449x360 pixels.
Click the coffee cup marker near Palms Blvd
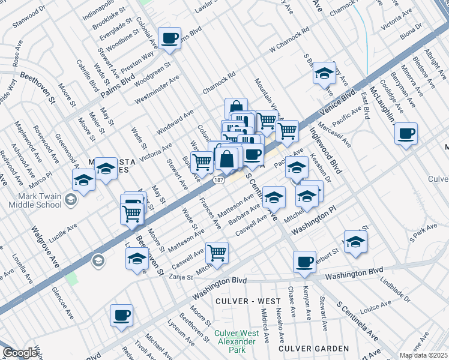point(169,38)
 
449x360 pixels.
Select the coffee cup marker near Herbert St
point(304,261)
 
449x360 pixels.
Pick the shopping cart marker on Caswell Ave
point(217,253)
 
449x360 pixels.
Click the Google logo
point(20,353)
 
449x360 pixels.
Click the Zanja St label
point(181,277)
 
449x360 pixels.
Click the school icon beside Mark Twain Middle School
point(71,200)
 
